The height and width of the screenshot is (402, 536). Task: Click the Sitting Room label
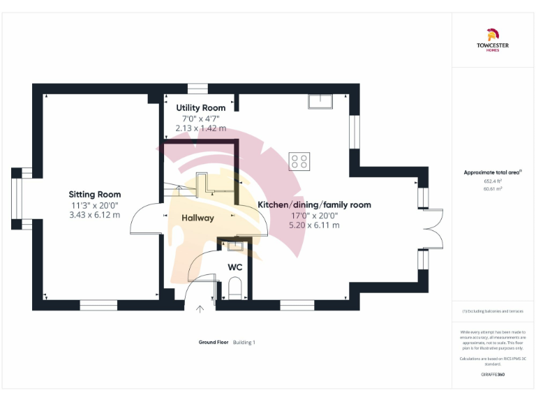coord(94,194)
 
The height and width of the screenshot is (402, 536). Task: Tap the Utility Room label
coord(200,107)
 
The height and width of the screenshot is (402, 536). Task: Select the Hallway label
coord(198,218)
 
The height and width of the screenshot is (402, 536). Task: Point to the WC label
coord(234,267)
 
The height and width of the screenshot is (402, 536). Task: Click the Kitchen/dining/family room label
coord(314,204)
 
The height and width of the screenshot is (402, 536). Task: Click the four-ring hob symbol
coord(300,161)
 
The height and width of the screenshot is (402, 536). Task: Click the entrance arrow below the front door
coord(200,309)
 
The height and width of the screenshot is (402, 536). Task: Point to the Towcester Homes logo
coord(493,41)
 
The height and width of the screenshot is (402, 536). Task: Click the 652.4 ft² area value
coord(493,181)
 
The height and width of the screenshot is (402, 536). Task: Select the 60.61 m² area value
coord(493,188)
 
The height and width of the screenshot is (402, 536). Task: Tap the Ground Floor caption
coord(214,342)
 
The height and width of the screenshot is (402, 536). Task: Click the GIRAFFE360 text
coord(493,375)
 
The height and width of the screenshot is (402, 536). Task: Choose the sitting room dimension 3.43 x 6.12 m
coord(94,215)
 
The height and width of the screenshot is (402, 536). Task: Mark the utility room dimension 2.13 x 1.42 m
coord(200,128)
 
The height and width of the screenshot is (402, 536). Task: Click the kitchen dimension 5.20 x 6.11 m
coord(315,225)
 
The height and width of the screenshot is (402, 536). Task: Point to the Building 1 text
coord(244,342)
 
